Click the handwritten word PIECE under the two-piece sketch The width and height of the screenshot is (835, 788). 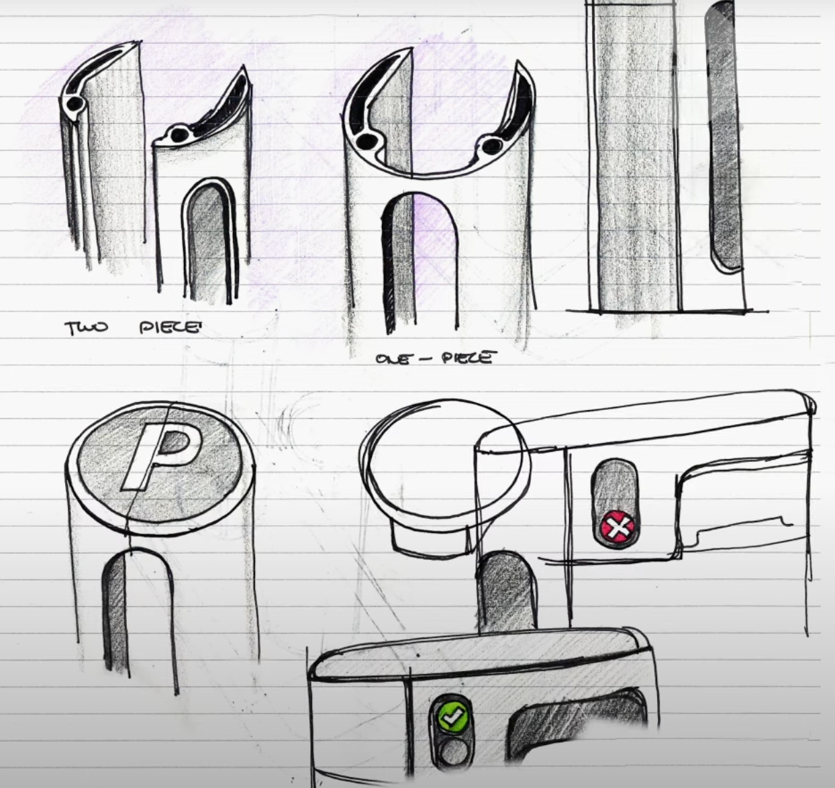click(169, 328)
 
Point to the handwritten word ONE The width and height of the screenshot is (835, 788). click(392, 358)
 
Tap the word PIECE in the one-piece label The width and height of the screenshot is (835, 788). click(465, 358)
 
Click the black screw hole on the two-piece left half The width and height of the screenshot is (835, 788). click(75, 103)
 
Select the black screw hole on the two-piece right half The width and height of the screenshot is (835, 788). click(179, 135)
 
